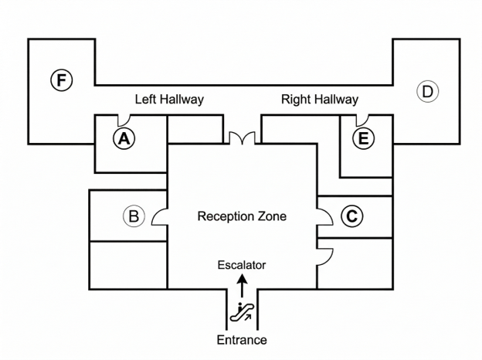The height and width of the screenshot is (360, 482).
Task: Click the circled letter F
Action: [x=62, y=80]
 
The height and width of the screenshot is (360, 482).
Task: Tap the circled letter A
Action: [x=124, y=138]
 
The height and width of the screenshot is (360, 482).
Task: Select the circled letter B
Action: [x=134, y=216]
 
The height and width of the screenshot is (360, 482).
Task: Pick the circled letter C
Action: [x=352, y=216]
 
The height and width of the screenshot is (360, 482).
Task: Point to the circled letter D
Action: [x=428, y=91]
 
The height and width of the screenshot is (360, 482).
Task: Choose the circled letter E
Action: [x=363, y=138]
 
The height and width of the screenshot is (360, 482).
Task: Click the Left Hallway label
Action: [x=169, y=100]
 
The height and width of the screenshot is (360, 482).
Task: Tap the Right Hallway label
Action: [x=320, y=100]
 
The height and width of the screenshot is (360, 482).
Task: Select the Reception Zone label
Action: [x=242, y=216]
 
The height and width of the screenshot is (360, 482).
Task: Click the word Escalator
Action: [x=242, y=265]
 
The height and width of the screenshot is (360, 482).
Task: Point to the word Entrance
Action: [x=242, y=340]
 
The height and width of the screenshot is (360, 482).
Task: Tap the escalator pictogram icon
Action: [x=243, y=312]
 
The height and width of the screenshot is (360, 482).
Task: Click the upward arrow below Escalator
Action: [x=243, y=286]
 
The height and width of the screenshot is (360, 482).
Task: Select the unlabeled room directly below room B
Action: [x=128, y=265]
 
